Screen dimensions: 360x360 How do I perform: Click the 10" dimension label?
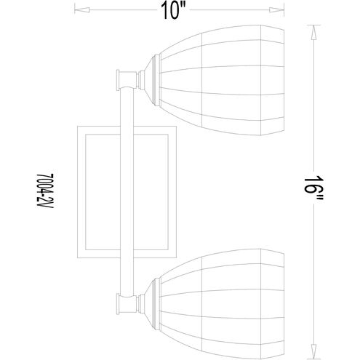pyautogui.click(x=173, y=11)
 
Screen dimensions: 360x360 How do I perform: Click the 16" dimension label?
pyautogui.click(x=313, y=191)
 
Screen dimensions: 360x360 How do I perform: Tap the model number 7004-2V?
pyautogui.click(x=45, y=191)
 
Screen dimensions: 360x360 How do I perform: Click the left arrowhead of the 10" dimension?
pyautogui.click(x=82, y=10)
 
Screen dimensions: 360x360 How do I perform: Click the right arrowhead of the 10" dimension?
pyautogui.click(x=276, y=10)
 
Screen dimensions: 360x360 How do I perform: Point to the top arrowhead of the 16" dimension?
pyautogui.click(x=313, y=33)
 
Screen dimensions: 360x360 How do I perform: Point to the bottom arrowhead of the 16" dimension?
pyautogui.click(x=313, y=351)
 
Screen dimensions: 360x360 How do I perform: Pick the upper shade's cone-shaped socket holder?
pyautogui.click(x=148, y=80)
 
